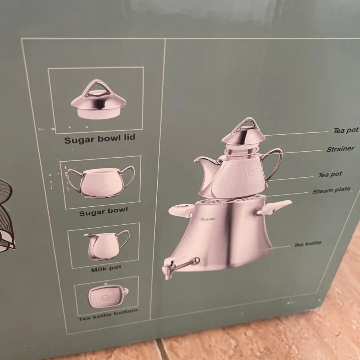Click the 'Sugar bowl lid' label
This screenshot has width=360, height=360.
pyautogui.click(x=100, y=139)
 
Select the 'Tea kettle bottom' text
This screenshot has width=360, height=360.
pyautogui.click(x=108, y=315)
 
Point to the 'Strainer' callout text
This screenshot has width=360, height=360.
pyautogui.click(x=340, y=149)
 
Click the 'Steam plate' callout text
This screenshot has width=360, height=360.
pyautogui.click(x=331, y=190)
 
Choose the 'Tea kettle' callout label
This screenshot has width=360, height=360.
pyautogui.click(x=308, y=244)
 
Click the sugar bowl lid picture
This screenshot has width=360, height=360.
pyautogui.click(x=98, y=99)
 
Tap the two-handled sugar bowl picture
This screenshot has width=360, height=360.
pyautogui.click(x=100, y=182)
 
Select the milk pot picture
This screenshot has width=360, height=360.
pyautogui.click(x=107, y=246)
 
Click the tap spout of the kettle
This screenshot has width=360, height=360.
pyautogui.click(x=179, y=266)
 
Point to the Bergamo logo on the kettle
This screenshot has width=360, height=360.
pyautogui.click(x=208, y=219)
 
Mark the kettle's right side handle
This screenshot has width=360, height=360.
pyautogui.click(x=274, y=207)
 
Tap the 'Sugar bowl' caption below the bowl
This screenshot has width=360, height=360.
pyautogui.click(x=103, y=212)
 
